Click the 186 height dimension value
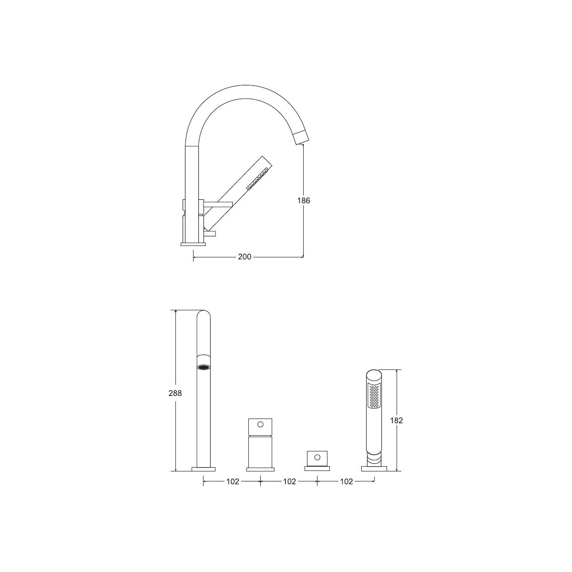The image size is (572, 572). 304,201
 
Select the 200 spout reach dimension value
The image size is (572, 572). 245,257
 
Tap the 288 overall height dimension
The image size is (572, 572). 175,393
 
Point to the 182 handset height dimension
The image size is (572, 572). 397,420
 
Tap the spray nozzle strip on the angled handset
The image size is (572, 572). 258,179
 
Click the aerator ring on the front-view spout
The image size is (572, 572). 204,367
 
